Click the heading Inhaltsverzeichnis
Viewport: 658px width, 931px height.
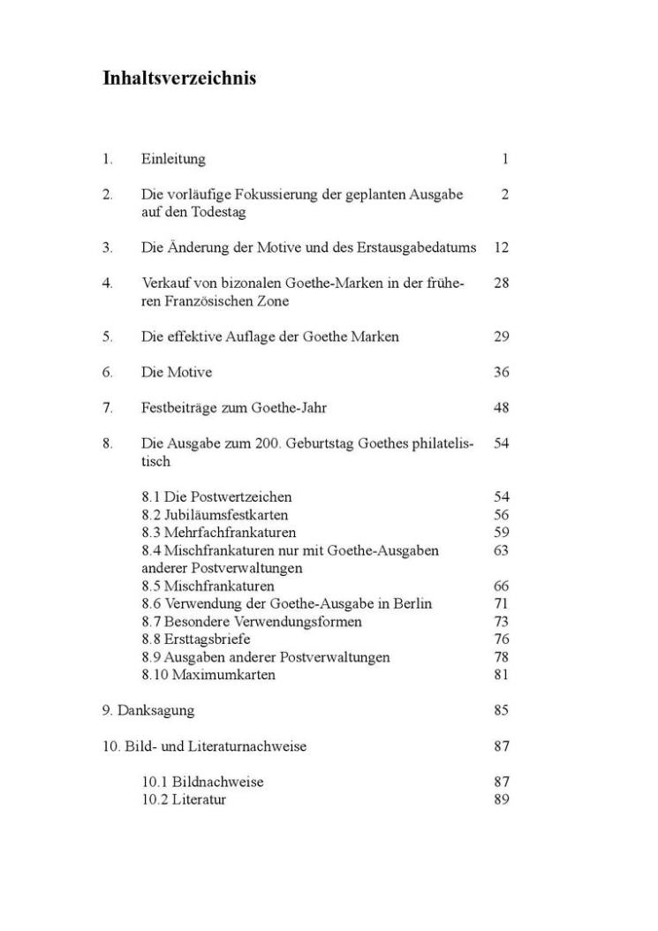point(179,79)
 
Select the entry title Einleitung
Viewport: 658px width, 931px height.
point(173,159)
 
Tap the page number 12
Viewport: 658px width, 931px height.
point(501,247)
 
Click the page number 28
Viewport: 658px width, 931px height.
point(501,284)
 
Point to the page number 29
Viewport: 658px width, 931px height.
point(501,337)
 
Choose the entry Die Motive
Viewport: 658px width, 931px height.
point(177,372)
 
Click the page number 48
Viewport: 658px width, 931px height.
point(501,408)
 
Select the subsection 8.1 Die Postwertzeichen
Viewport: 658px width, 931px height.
point(216,497)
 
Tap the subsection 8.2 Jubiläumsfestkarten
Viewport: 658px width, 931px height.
point(215,515)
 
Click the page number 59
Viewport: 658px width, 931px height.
point(501,533)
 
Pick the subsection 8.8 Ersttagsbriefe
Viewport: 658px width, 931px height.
point(196,640)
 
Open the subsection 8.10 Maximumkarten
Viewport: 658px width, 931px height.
point(208,675)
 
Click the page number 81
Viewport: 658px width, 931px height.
point(501,675)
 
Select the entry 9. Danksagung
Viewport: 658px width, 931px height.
point(147,710)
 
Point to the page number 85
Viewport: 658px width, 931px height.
point(501,710)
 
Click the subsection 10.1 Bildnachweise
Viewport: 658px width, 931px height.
point(202,782)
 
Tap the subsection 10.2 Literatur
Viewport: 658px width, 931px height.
point(184,799)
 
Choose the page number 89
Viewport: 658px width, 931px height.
point(501,799)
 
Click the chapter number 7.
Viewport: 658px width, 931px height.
point(107,408)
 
